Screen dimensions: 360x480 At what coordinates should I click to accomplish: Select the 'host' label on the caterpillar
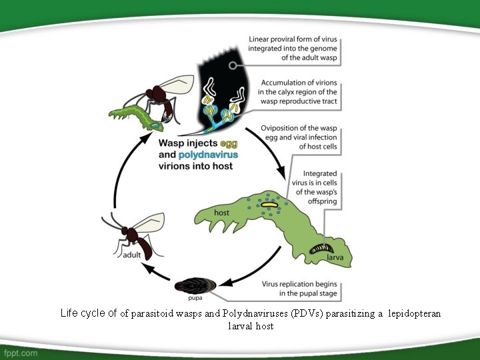(x=223, y=213)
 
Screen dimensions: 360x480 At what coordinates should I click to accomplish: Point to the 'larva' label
(x=335, y=257)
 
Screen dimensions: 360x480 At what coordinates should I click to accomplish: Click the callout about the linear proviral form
(x=293, y=49)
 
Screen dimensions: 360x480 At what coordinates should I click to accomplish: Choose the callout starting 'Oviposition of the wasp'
(x=302, y=137)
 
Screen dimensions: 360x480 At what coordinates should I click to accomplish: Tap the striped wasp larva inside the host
(x=317, y=251)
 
